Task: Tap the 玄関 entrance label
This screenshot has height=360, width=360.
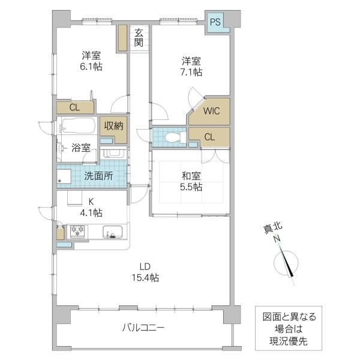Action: (139, 38)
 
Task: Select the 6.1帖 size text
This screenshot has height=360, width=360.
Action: (91, 67)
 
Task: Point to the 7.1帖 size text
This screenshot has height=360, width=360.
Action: (191, 73)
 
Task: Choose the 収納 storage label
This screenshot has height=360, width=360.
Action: (113, 126)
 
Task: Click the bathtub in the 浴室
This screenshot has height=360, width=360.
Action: (78, 125)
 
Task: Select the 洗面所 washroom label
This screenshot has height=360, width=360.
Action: (98, 176)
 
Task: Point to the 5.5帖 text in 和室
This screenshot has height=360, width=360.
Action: (191, 187)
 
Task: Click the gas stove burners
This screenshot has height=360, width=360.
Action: (77, 231)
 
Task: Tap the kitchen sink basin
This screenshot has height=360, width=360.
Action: (113, 232)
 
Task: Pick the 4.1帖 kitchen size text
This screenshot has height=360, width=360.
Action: (91, 213)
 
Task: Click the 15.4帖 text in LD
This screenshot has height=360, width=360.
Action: (145, 278)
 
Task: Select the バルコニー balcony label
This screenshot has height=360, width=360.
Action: (143, 328)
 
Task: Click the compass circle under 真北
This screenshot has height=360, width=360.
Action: (286, 263)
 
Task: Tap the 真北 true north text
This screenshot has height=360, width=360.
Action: (273, 229)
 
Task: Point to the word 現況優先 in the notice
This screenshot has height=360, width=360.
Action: (289, 341)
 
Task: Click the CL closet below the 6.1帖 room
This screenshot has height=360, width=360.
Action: (76, 107)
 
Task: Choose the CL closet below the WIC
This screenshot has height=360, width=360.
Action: (209, 137)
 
